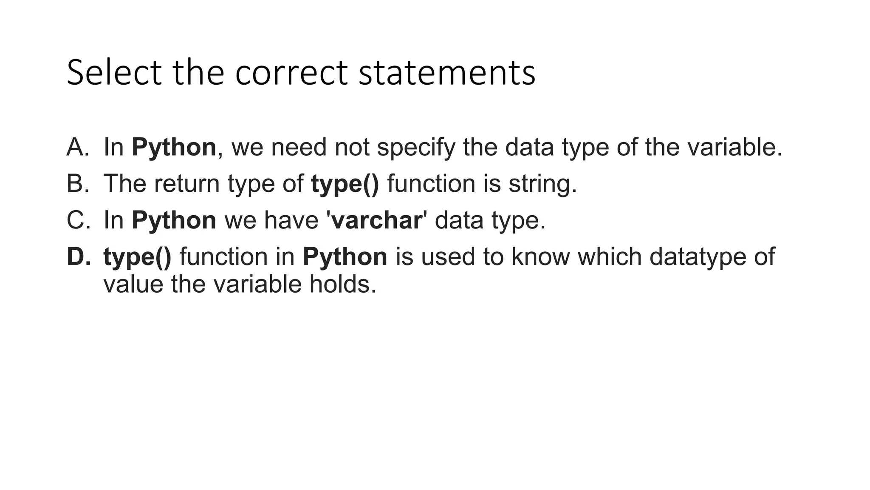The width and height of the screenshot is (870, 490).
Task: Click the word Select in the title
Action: pos(113,73)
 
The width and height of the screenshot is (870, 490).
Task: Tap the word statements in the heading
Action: pos(447,73)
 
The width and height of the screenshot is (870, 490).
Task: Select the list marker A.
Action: pos(78,147)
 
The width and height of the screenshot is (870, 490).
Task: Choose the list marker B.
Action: pos(78,184)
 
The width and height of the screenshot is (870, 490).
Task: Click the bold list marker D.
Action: pos(79,257)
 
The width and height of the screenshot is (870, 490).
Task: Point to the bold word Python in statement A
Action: pos(174,147)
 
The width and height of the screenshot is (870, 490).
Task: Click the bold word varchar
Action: pos(376,220)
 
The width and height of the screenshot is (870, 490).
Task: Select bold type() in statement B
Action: pos(345,184)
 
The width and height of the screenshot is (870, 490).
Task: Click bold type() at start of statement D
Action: pos(137,257)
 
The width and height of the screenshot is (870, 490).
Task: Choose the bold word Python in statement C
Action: pos(174,220)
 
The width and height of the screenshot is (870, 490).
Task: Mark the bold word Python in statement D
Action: pos(345,257)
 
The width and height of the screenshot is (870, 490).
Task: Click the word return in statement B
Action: pos(186,184)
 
